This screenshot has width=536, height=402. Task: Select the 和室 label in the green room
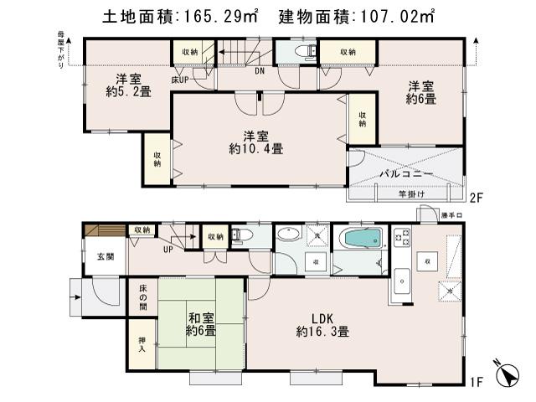click(198, 318)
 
